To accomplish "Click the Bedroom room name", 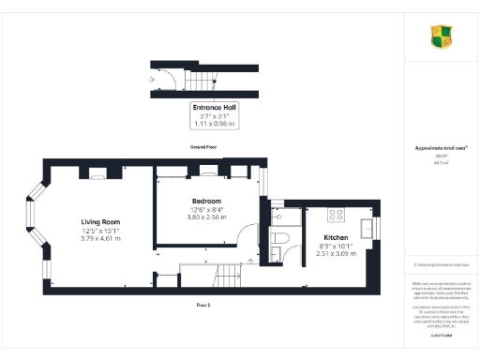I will pos(206,202).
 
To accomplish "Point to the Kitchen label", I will pos(336,237).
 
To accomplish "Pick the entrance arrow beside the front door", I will pos(152,79).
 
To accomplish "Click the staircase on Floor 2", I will pos(228,276).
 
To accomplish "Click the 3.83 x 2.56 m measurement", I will pos(206,218).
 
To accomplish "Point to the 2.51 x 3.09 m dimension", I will pos(336,254).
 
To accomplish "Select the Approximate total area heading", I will pos(441,148).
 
